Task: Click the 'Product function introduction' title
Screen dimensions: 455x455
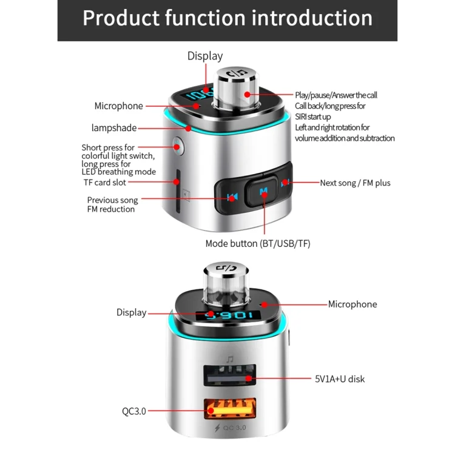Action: pos(227,18)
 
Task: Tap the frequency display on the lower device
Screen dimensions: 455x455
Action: pos(227,315)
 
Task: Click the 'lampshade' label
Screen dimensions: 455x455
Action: pos(113,128)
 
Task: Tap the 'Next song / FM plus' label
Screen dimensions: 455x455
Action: pos(356,183)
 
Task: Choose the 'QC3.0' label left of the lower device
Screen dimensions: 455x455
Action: pos(133,411)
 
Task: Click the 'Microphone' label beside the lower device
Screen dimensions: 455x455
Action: pos(352,304)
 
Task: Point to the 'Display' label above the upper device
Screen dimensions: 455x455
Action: pos(205,56)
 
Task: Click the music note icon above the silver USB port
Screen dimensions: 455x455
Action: pos(230,359)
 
